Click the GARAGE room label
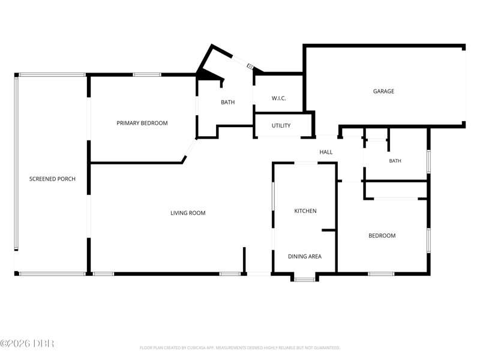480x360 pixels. [x=383, y=91]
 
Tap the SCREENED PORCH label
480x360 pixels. [x=52, y=179]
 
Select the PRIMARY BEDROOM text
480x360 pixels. [x=142, y=123]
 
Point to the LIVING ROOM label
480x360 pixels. [x=188, y=213]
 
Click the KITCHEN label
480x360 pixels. [x=305, y=211]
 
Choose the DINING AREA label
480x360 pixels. [x=305, y=257]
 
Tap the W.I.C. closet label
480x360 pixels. [x=278, y=98]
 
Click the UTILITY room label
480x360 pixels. [x=281, y=125]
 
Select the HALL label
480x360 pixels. [x=326, y=152]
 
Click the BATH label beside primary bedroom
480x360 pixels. [x=228, y=102]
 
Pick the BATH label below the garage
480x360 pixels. [x=395, y=161]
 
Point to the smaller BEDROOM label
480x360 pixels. [x=382, y=236]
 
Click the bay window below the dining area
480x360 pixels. [x=305, y=279]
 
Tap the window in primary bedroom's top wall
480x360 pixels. [x=147, y=74]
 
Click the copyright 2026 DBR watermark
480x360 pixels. [x=27, y=343]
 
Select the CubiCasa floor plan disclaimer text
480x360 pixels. [x=239, y=348]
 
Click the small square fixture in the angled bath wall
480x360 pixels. [x=250, y=66]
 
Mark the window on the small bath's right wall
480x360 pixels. [x=429, y=161]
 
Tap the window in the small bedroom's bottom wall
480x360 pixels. [x=381, y=274]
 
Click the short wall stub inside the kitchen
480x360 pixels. [x=329, y=230]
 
